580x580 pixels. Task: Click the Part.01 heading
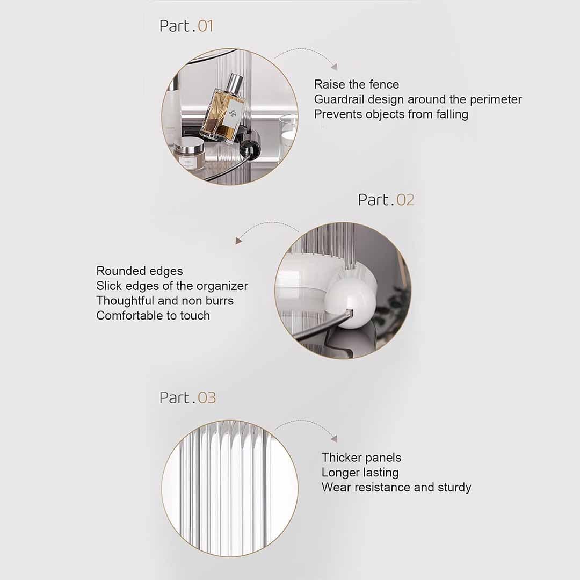pos(186,26)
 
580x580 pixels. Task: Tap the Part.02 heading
pos(386,200)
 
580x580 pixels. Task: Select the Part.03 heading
pos(187,397)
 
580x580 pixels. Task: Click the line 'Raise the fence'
pos(357,84)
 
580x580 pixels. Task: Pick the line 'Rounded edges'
pos(140,271)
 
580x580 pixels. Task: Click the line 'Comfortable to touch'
pos(153,316)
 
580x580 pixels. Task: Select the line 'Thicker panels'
pos(361,458)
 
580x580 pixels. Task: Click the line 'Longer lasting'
pos(360,473)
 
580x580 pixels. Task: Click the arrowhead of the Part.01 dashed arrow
pos(335,67)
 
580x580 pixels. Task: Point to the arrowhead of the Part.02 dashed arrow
pos(238,241)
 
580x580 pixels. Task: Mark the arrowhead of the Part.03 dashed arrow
pos(335,438)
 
